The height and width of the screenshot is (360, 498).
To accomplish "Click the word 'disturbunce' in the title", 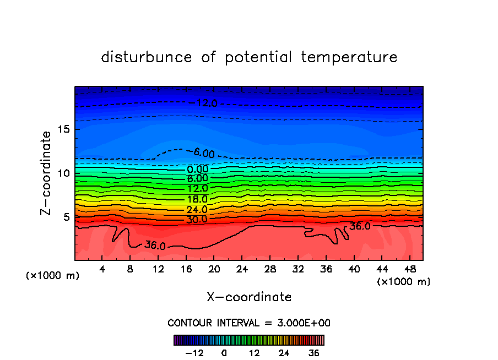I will pyautogui.click(x=147, y=57).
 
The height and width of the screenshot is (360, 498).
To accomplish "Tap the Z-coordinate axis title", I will pyautogui.click(x=47, y=173).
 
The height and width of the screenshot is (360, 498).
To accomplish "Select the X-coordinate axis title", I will pyautogui.click(x=249, y=297).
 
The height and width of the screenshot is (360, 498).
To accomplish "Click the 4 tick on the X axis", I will pyautogui.click(x=102, y=269).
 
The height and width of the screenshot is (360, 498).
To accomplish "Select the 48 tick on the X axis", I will pyautogui.click(x=409, y=269).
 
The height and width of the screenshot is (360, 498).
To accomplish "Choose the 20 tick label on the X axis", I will pyautogui.click(x=214, y=269).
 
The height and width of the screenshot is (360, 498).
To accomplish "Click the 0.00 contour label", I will pyautogui.click(x=197, y=169).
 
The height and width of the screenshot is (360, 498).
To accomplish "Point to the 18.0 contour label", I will pyautogui.click(x=197, y=199).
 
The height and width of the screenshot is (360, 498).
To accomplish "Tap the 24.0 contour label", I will pyautogui.click(x=197, y=210).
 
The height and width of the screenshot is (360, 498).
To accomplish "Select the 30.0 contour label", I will pyautogui.click(x=197, y=220).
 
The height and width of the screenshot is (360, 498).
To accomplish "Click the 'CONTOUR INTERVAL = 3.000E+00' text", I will pyautogui.click(x=249, y=323).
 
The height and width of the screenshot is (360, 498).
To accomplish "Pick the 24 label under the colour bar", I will pyautogui.click(x=284, y=353).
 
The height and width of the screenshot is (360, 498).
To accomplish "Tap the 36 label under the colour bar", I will pyautogui.click(x=313, y=353).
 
